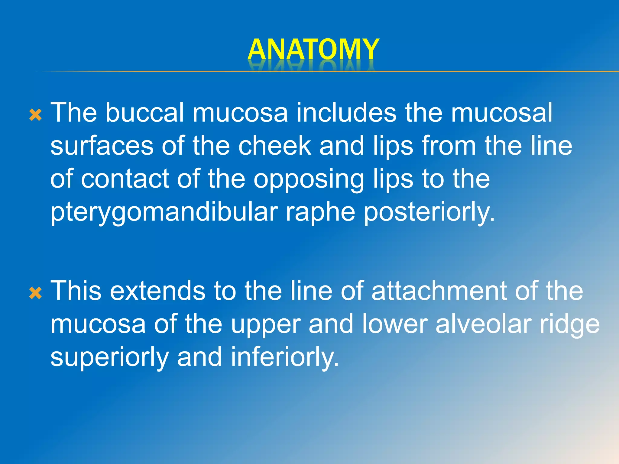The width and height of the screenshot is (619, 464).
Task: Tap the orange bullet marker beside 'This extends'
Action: coord(36,293)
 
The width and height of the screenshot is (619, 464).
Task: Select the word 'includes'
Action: coord(346,112)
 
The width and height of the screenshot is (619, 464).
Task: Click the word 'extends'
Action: coord(157,291)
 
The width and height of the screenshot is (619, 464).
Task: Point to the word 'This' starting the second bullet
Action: coord(76,291)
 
